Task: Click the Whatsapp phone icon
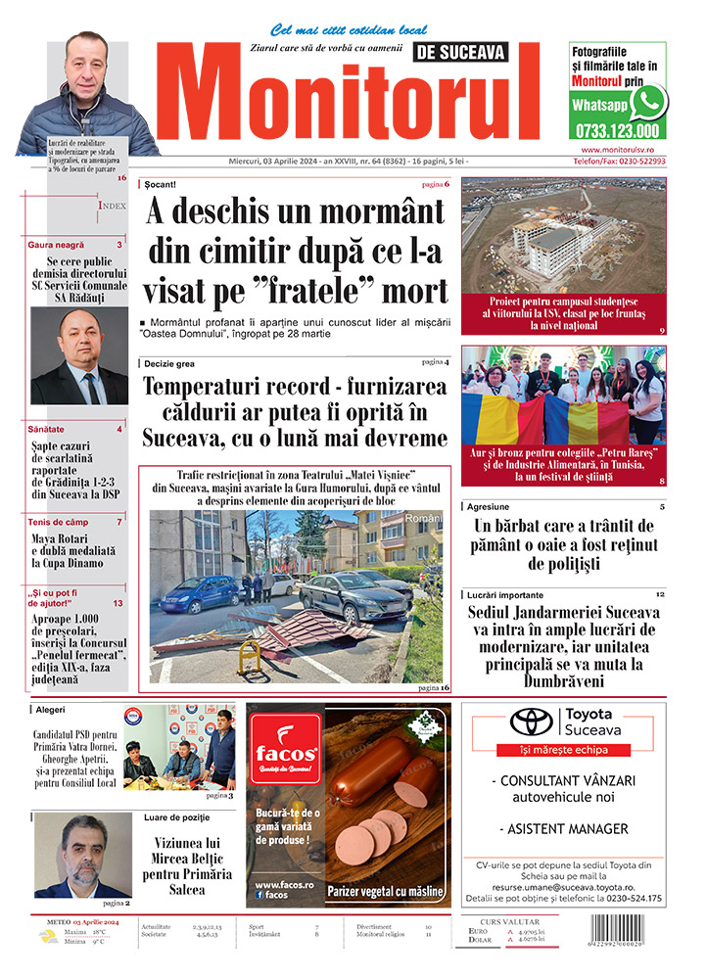coord(647,102)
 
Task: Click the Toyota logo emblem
coord(532,722)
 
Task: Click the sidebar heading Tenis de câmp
coord(59,522)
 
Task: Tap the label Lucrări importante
coord(514,595)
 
